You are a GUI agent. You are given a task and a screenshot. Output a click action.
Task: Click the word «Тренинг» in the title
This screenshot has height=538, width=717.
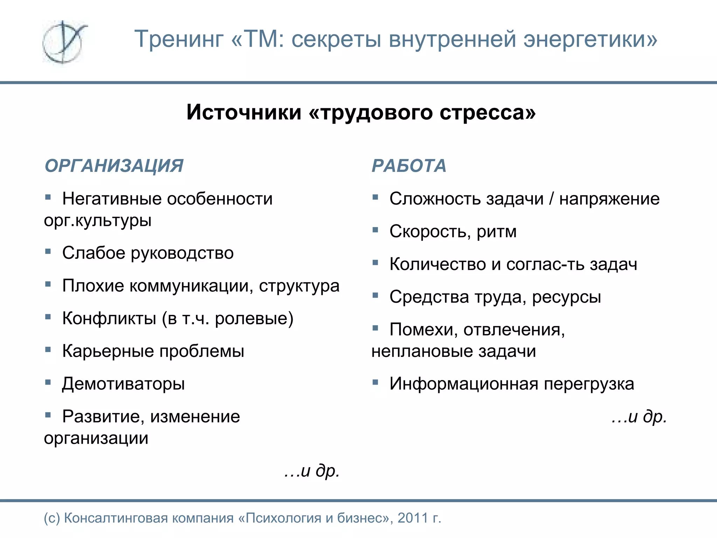(179, 39)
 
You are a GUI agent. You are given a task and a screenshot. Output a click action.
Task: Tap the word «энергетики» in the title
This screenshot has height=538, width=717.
(590, 39)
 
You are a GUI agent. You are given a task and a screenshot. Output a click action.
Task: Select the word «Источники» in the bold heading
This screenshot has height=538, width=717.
(244, 112)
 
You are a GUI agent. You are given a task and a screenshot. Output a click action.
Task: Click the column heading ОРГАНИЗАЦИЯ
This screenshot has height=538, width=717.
(114, 166)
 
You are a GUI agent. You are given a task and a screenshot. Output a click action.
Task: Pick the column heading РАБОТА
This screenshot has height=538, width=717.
(409, 166)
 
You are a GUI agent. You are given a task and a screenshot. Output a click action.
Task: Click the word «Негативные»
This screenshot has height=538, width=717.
(112, 199)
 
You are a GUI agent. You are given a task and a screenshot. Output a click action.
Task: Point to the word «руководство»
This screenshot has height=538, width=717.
(182, 253)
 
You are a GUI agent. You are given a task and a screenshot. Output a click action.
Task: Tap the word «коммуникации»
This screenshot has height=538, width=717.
(191, 286)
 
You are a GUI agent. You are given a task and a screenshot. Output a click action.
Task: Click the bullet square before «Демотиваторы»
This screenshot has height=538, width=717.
(48, 381)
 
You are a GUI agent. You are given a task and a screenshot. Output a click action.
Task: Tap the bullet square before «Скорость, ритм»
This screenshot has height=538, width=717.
(375, 230)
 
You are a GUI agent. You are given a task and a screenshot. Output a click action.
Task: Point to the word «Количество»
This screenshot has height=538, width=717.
(438, 264)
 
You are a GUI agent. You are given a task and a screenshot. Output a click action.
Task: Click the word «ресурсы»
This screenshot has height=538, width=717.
(566, 297)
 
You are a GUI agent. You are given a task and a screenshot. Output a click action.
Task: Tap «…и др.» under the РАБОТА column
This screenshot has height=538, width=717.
(639, 416)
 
